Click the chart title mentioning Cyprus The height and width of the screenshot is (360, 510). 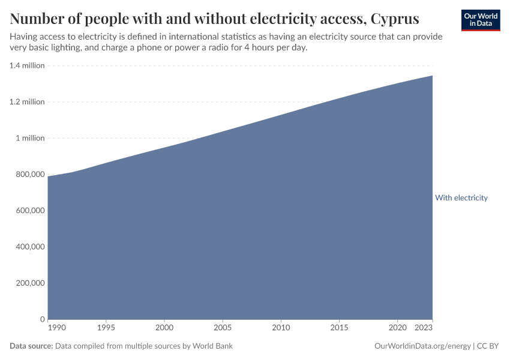214,18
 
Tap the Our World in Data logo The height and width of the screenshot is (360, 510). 480,20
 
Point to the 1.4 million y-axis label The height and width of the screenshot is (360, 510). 27,65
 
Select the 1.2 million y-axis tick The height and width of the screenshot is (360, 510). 27,102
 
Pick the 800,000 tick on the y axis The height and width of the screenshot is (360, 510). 29,175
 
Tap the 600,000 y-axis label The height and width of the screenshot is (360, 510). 29,211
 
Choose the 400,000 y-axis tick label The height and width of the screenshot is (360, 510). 29,247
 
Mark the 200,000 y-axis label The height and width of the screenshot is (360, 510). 29,283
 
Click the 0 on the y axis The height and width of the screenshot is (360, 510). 42,319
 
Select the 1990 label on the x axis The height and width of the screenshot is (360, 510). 56,328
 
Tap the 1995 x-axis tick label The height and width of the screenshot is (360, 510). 106,328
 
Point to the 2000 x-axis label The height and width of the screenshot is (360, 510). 164,328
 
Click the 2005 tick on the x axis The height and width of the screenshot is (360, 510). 223,328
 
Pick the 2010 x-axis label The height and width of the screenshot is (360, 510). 281,328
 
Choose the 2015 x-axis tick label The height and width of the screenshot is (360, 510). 339,328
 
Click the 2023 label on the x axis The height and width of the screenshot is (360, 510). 424,328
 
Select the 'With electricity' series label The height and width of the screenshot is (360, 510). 461,198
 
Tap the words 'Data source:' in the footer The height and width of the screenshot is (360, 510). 31,346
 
